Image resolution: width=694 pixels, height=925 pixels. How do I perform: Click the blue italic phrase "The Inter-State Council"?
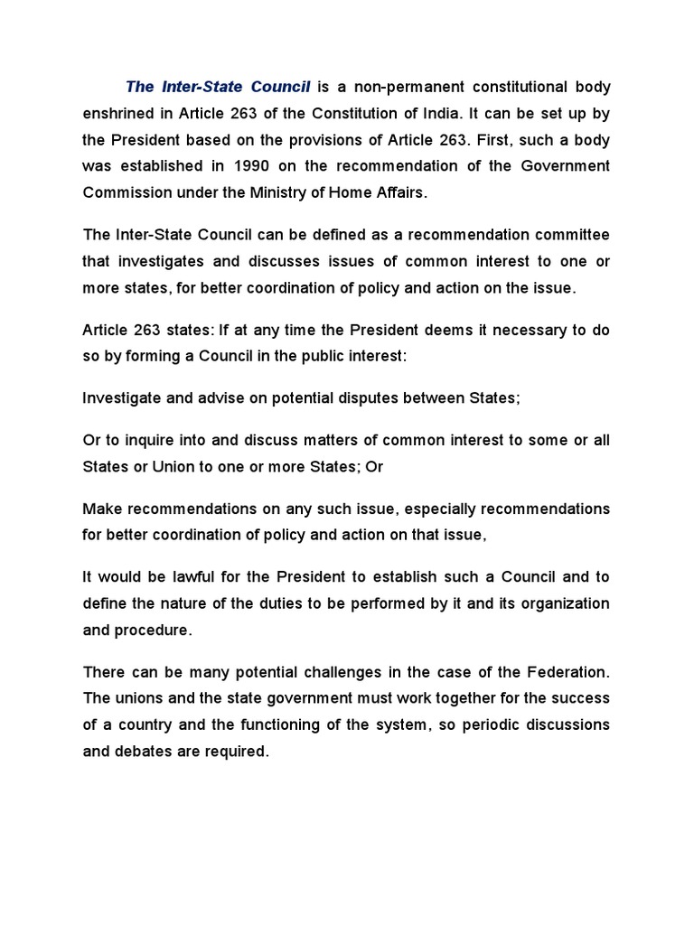[218, 88]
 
